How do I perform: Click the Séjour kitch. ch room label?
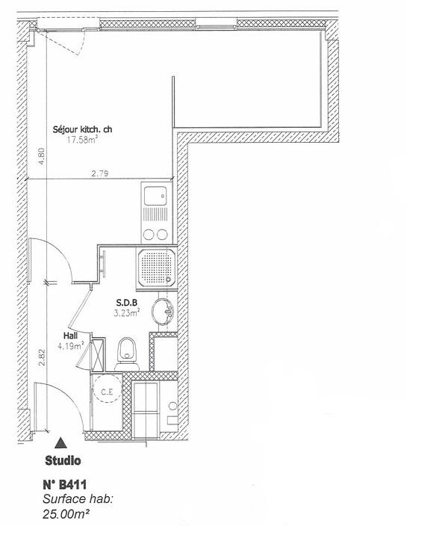click(82, 129)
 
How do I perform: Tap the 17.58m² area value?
click(83, 140)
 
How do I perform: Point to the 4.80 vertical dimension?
click(43, 156)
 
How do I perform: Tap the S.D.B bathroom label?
click(125, 303)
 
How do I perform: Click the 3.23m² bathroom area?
click(126, 314)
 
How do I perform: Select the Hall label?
click(71, 336)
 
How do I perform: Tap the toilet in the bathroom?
click(128, 351)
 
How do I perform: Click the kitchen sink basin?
click(157, 197)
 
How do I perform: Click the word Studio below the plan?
click(63, 460)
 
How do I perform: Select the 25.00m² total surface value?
click(67, 514)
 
